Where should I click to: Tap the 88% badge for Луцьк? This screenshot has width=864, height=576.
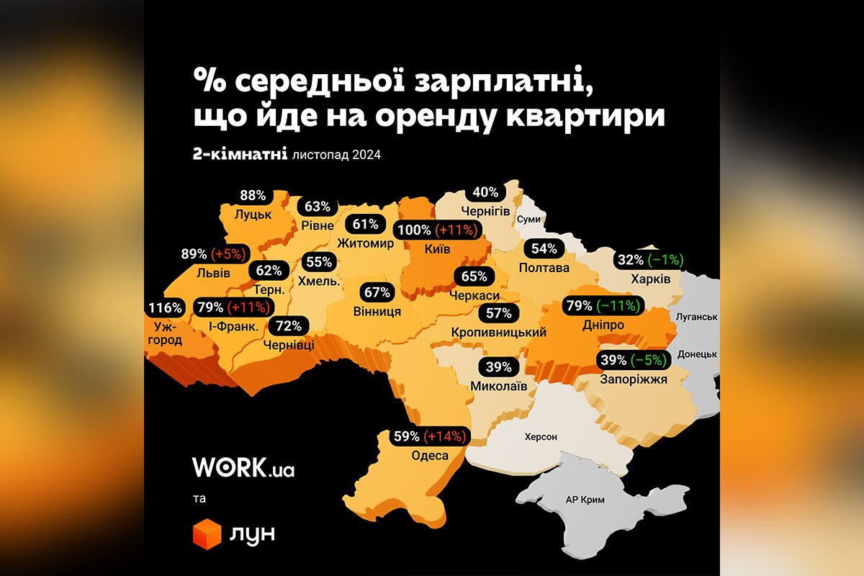253,196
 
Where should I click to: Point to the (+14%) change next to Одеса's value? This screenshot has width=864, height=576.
446,436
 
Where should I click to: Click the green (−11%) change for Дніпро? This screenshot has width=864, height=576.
617,306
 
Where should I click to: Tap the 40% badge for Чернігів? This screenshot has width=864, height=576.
486,193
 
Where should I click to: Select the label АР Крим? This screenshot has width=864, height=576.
585,500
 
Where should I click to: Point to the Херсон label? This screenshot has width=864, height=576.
541,436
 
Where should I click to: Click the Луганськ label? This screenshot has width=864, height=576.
694,317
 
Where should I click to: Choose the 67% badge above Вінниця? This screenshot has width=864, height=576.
377,292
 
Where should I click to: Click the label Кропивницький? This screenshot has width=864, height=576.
498,333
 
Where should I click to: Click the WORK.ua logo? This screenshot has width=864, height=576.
243,467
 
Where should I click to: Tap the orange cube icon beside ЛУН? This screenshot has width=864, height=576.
207,534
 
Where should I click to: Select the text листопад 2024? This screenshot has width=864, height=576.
337,154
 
